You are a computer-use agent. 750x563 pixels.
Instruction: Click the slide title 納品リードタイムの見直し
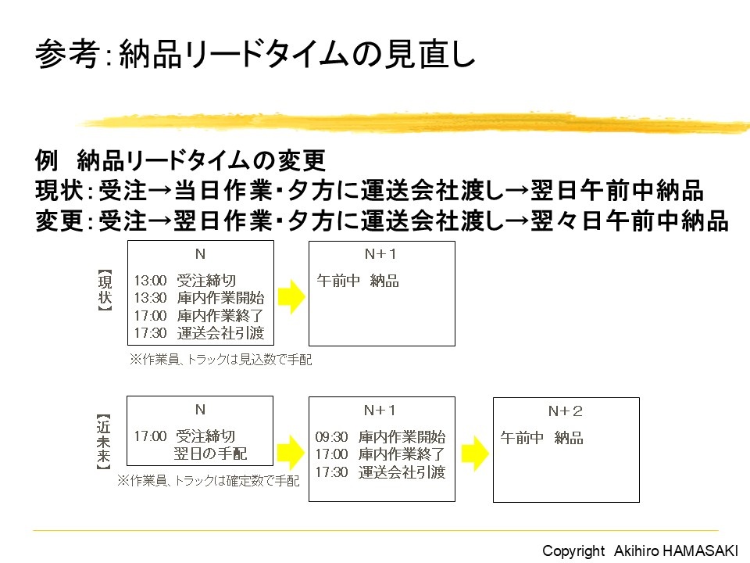255,55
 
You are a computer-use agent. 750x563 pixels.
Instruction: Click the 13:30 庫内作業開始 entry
198,298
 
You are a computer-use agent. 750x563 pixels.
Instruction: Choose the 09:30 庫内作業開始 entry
380,437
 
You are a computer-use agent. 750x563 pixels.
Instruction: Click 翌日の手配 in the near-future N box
210,454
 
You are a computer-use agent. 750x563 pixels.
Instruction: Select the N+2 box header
566,411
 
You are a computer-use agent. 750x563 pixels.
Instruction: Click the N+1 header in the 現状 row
381,255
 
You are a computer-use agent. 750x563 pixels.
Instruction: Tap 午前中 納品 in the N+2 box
541,438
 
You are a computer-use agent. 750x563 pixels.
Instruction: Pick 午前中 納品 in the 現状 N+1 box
358,281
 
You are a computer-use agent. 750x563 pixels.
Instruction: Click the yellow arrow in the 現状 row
291,296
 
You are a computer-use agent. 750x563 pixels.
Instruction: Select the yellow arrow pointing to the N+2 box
475,453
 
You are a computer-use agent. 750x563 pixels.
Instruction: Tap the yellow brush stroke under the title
414,122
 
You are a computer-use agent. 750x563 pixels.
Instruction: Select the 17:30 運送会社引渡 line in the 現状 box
198,333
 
